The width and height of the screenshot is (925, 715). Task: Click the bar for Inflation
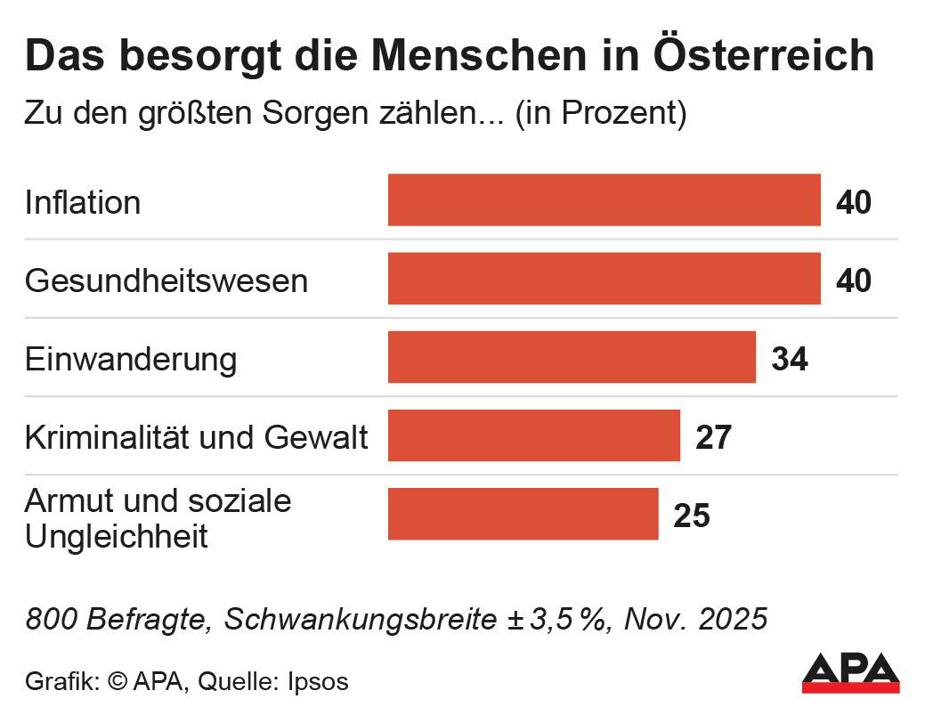604,200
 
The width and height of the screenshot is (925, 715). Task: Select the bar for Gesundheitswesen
604,279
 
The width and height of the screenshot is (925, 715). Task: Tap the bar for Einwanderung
572,357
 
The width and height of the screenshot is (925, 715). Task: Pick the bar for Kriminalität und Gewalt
533,435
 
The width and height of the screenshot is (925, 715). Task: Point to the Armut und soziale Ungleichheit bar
523,514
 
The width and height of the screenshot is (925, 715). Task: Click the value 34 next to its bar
790,359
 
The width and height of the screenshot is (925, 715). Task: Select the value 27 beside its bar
713,437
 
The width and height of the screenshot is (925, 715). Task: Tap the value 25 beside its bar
692,516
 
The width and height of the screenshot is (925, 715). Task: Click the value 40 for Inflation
854,202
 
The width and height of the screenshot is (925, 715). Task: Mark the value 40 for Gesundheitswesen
854,280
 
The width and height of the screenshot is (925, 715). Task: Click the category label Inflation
83,203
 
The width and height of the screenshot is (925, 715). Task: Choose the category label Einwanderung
131,360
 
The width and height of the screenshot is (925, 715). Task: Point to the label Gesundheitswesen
166,281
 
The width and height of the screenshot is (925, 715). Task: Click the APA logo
851,673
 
